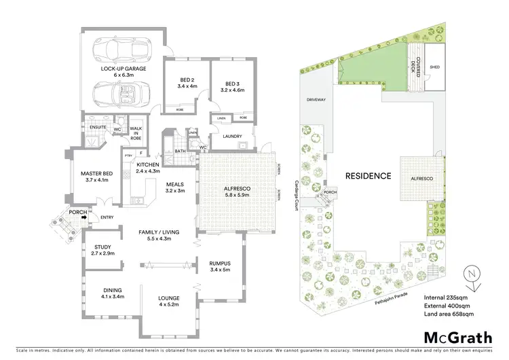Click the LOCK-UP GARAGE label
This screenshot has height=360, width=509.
point(122,69)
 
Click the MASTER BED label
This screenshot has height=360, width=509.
point(94,174)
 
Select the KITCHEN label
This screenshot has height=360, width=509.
point(147,165)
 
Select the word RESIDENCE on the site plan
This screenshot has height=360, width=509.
point(368,176)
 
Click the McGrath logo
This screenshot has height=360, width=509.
point(459,338)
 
